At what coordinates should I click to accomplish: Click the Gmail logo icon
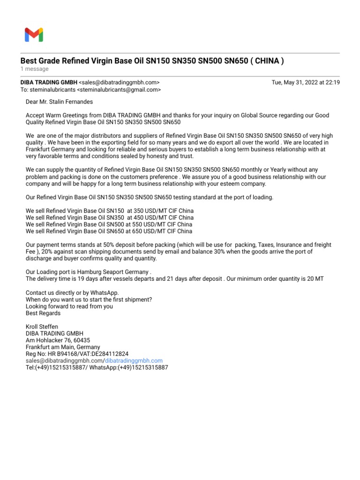(x=34, y=35)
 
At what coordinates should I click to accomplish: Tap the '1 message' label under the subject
(x=34, y=69)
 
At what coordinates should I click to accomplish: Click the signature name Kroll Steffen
(x=42, y=327)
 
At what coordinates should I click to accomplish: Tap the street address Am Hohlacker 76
(x=49, y=340)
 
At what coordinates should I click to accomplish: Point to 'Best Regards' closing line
(x=43, y=313)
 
